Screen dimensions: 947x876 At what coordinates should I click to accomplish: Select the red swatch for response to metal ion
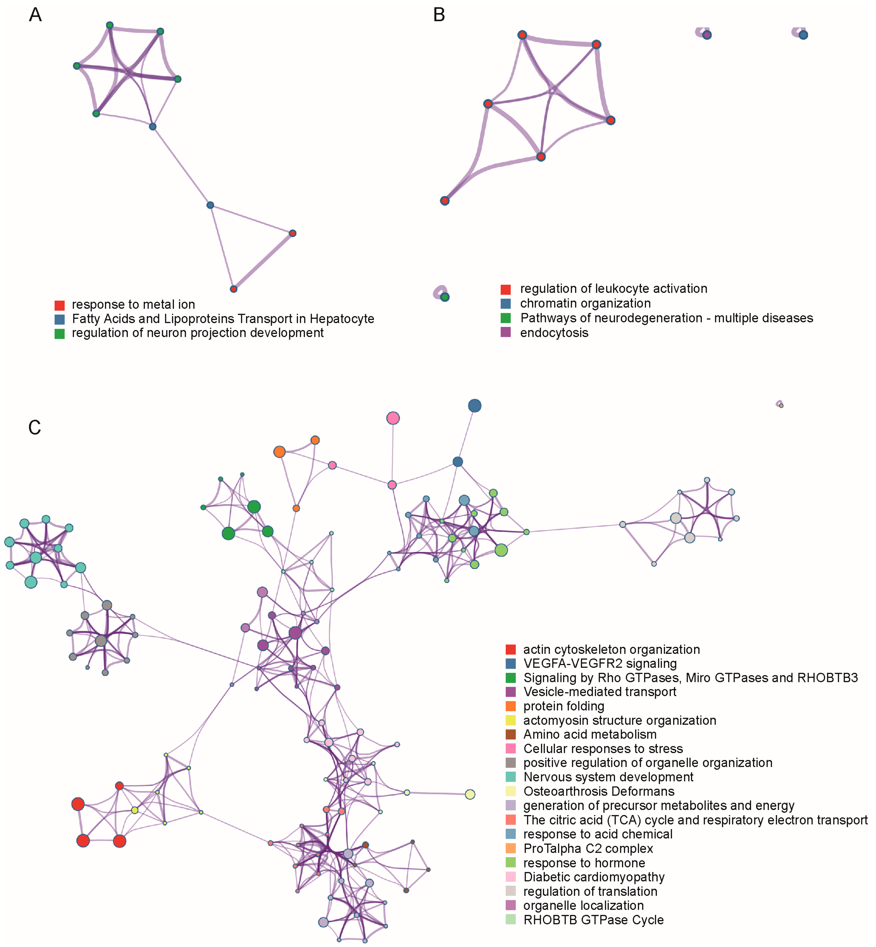pyautogui.click(x=59, y=305)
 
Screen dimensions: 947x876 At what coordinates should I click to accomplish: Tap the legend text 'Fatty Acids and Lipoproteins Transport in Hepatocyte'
pyautogui.click(x=223, y=319)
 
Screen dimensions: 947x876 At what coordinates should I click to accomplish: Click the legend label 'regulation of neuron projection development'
pyautogui.click(x=198, y=333)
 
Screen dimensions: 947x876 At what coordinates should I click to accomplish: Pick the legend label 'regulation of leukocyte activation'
pyautogui.click(x=613, y=289)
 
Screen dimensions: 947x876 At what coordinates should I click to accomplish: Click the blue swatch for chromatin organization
pyautogui.click(x=506, y=304)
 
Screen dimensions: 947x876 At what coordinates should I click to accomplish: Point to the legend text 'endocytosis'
pyautogui.click(x=554, y=333)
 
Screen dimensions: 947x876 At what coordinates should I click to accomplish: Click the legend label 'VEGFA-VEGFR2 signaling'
pyautogui.click(x=600, y=664)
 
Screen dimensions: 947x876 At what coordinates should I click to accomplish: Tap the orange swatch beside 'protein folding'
pyautogui.click(x=510, y=706)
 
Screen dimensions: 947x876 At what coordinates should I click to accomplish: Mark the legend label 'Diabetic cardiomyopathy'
pyautogui.click(x=593, y=877)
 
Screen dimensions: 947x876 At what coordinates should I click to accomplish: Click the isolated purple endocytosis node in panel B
pyautogui.click(x=707, y=35)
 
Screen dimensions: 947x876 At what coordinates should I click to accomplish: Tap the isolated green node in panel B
pyautogui.click(x=445, y=297)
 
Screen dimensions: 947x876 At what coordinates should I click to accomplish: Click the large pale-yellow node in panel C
pyautogui.click(x=470, y=794)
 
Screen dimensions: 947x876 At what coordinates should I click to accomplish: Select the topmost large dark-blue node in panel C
pyautogui.click(x=475, y=406)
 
